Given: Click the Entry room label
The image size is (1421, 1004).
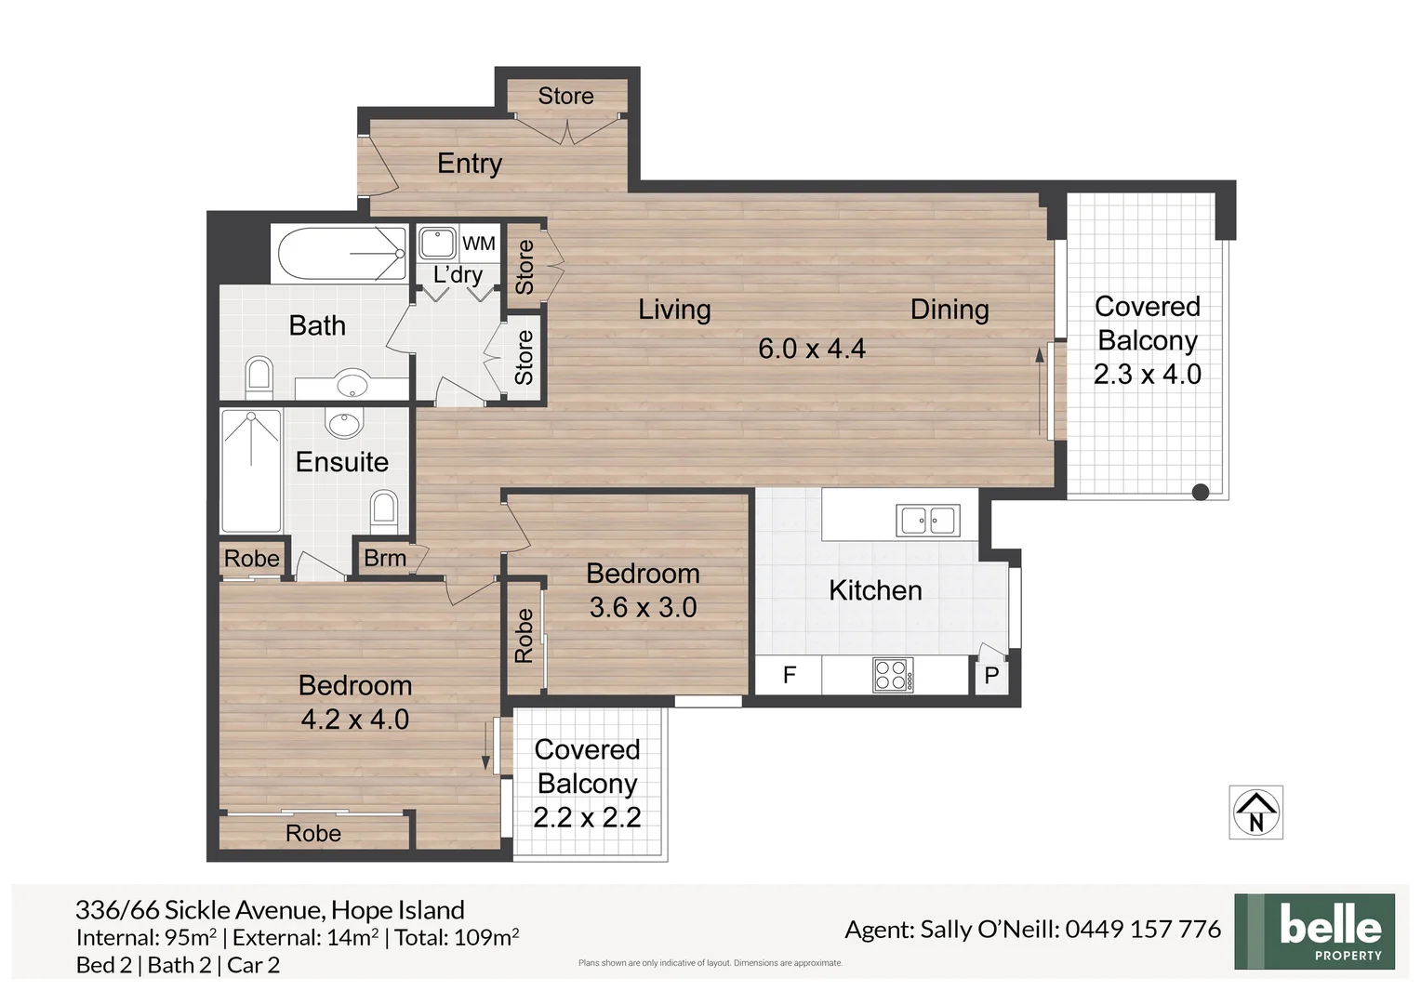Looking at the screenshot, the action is [x=470, y=164].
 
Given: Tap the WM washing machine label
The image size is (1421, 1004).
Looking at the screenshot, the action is [x=478, y=243].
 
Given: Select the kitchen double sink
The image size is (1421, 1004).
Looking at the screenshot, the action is [x=927, y=521].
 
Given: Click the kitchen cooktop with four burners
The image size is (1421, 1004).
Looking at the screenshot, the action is [x=893, y=675].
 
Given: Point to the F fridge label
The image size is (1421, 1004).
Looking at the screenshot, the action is [x=790, y=675].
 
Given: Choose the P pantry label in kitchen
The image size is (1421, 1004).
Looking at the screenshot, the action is [x=991, y=676].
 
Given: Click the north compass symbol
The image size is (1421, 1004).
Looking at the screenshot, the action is [x=1255, y=812].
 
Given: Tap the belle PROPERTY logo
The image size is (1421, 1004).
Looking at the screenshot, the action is [x=1314, y=931].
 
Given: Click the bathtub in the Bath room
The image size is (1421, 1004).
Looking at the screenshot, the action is [x=342, y=254].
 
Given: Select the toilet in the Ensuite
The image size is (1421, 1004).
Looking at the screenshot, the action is [x=384, y=511].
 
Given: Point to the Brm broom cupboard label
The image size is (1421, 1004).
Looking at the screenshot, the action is [x=384, y=558].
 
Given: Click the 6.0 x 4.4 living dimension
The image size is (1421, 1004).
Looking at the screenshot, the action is [x=811, y=349].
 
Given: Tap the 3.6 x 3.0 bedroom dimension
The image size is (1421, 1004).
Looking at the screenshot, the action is [x=643, y=608].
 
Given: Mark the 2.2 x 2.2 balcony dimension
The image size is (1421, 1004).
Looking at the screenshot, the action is [x=587, y=817].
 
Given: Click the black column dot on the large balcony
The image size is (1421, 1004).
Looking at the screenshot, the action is [x=1201, y=492].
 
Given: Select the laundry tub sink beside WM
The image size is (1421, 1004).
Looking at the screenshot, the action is [x=437, y=243].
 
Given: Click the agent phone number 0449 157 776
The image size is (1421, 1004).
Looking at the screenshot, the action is [x=1143, y=929].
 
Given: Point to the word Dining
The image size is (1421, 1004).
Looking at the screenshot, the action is [x=949, y=310].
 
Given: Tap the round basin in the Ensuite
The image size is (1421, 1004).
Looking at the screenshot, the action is [x=344, y=422].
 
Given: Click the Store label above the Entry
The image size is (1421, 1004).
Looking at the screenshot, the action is [x=565, y=96].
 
